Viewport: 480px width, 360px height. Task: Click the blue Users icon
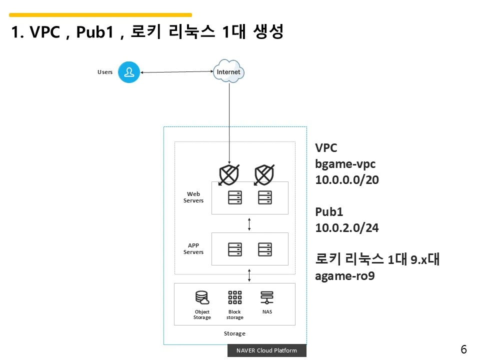[x=129, y=72]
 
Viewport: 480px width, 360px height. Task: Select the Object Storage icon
[x=202, y=298]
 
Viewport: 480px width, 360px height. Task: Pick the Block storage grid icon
[x=234, y=298]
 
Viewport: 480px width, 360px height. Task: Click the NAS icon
[x=267, y=298]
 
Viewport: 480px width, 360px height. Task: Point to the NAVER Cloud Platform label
[x=266, y=350]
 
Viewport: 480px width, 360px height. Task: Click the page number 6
[x=463, y=350]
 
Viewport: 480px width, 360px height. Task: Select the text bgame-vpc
[x=345, y=163]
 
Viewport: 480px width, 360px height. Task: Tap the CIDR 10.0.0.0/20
[x=347, y=179]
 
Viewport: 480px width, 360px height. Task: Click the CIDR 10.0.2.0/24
[x=347, y=227]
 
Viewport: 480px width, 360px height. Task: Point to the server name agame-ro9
[x=344, y=275]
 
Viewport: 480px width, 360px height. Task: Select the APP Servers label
[x=193, y=248]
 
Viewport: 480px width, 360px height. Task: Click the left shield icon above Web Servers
[x=229, y=174]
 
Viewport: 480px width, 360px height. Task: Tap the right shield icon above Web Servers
[x=264, y=174]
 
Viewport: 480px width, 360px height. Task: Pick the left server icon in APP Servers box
[x=234, y=249]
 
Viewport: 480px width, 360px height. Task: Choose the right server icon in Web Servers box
[x=264, y=197]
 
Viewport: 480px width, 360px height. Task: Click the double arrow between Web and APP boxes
[x=249, y=223]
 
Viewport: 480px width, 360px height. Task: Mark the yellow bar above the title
[x=100, y=15]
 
